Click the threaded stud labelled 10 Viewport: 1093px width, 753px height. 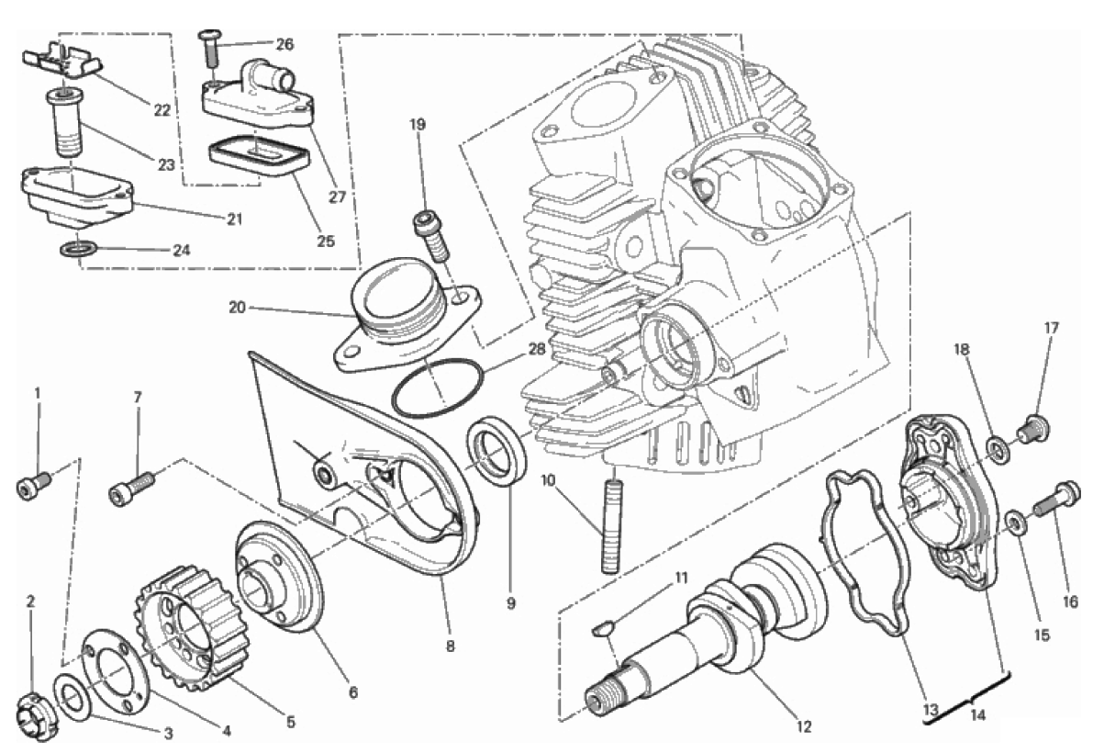tap(610, 521)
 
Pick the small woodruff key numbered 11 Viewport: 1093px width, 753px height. tap(604, 630)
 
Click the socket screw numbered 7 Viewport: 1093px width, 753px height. tap(131, 488)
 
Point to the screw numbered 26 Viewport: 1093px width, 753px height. tap(210, 48)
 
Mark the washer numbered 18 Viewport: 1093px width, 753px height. tap(998, 448)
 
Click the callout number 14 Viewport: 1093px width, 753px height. tap(978, 714)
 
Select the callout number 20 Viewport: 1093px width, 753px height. tap(238, 307)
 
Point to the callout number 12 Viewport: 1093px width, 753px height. tap(805, 727)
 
